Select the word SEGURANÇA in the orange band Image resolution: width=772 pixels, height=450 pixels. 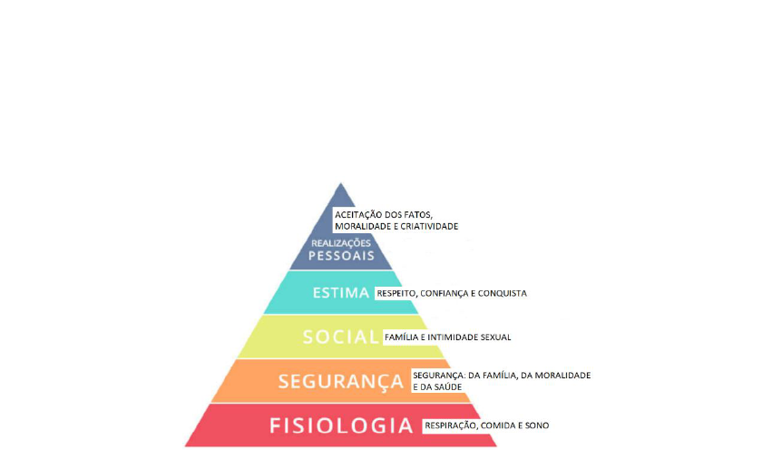tap(341, 381)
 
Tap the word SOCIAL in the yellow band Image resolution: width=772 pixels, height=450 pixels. tap(340, 337)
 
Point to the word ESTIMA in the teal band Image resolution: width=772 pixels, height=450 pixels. tap(340, 293)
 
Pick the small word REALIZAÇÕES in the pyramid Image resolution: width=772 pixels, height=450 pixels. tap(342, 242)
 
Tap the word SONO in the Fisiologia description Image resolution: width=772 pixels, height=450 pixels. tap(536, 426)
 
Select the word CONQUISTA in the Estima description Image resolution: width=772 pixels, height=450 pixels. tap(503, 293)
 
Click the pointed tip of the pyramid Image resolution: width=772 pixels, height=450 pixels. tap(341, 185)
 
